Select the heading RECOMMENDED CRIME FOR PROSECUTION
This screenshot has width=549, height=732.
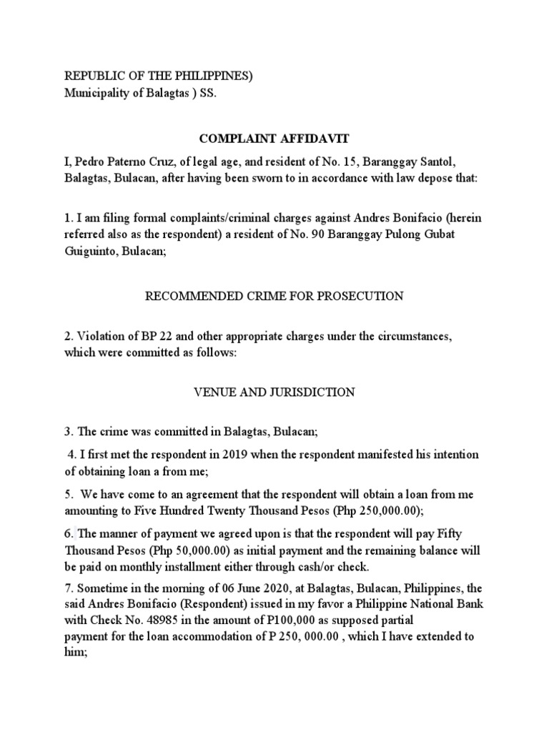point(274,296)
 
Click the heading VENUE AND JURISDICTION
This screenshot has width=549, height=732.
point(274,392)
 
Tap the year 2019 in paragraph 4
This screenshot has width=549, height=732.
point(216,455)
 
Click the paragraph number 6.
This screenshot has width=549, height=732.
point(68,533)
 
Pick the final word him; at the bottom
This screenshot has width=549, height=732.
point(76,652)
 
